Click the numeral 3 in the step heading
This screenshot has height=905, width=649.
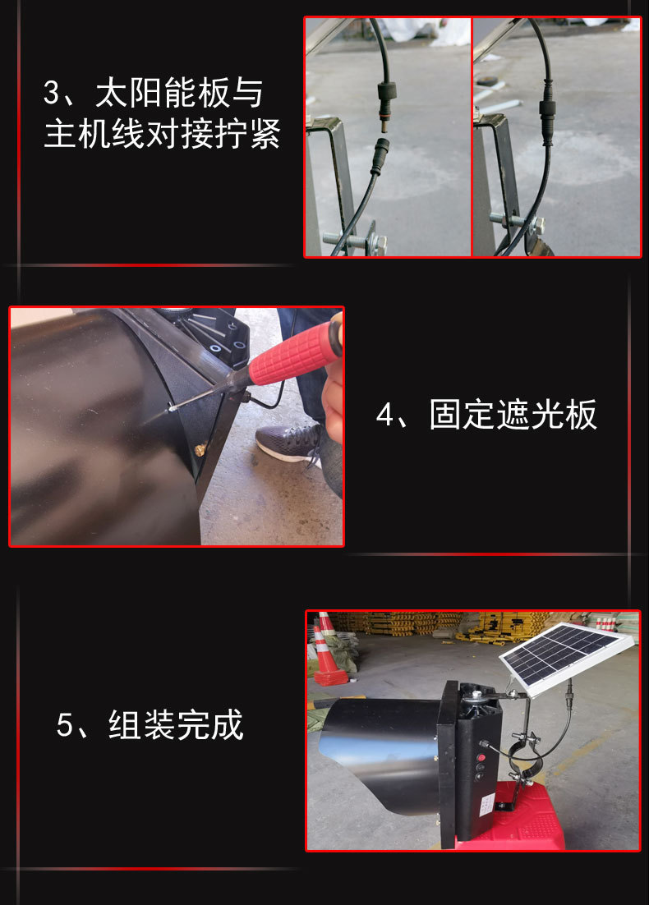tap(52, 93)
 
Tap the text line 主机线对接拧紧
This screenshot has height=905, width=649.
tap(162, 134)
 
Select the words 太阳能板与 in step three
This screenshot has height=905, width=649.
tap(179, 93)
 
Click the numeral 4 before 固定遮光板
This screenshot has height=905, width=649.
tap(386, 416)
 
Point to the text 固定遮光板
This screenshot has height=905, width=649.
tap(513, 416)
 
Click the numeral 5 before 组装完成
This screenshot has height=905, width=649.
tap(66, 726)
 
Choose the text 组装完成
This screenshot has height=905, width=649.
tap(176, 726)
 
